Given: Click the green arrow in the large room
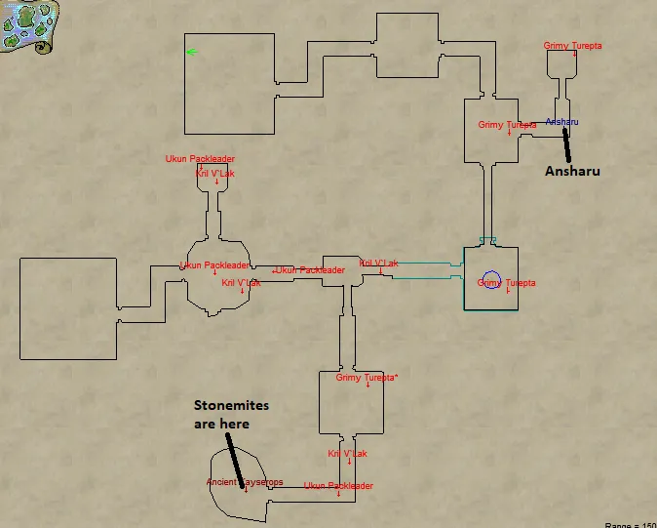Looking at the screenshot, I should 191,52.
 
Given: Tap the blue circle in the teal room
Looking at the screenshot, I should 490,281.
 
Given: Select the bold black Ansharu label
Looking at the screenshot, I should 571,171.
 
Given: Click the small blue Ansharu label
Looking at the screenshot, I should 562,122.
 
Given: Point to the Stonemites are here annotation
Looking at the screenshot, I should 231,414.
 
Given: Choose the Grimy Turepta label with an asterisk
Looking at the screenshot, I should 367,378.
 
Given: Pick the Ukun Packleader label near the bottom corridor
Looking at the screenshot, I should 338,486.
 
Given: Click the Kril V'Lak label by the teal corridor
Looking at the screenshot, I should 378,264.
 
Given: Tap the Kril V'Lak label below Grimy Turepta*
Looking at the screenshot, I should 347,454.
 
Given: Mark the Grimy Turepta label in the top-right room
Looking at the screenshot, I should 573,46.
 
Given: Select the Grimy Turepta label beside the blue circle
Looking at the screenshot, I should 506,283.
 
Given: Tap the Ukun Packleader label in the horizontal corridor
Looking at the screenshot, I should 310,270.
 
